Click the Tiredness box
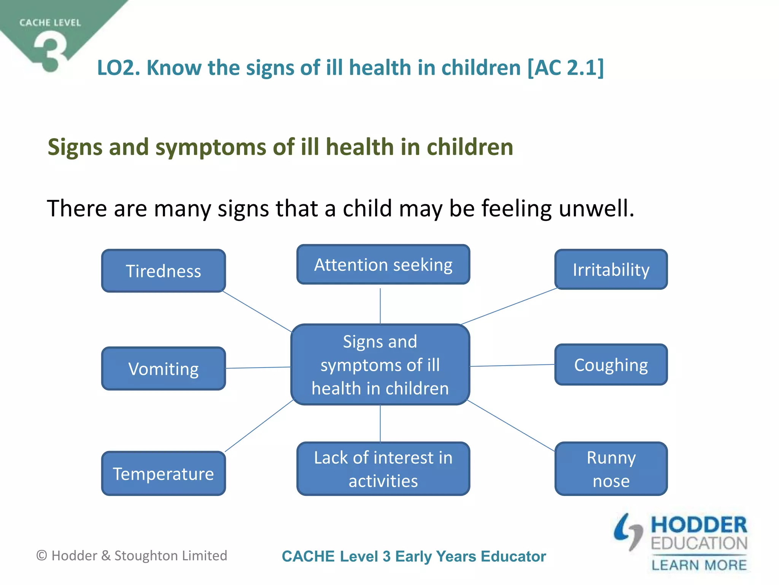tap(164, 271)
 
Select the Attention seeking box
tap(383, 265)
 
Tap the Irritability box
tap(611, 270)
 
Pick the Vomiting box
tap(164, 369)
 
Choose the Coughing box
tap(611, 365)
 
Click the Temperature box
tap(164, 473)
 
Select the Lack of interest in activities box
tap(383, 469)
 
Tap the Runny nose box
tap(611, 469)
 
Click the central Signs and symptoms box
tap(380, 364)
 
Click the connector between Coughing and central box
tap(512, 366)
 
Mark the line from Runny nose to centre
tap(510, 426)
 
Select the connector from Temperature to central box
tap(259, 426)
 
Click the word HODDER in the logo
tap(699, 525)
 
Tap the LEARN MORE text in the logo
tap(699, 565)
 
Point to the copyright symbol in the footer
tap(41, 556)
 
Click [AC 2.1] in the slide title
tap(565, 68)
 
